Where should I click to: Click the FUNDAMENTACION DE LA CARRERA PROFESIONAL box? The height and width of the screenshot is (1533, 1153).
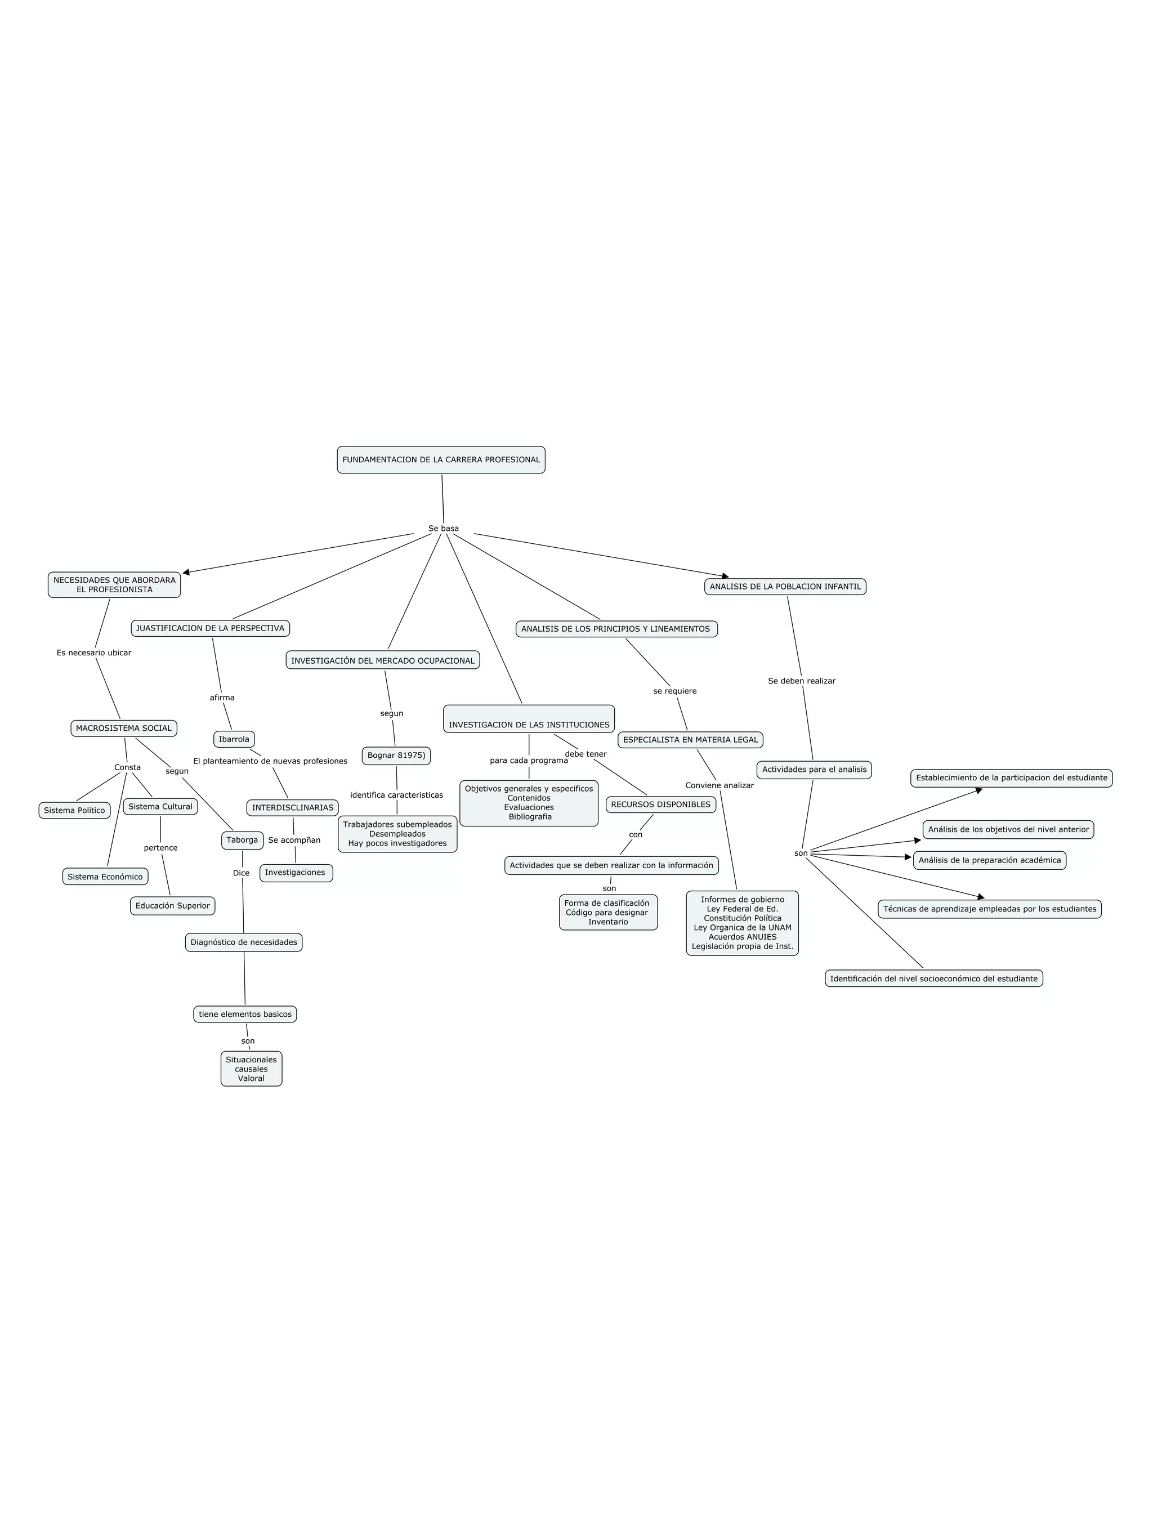click(x=441, y=459)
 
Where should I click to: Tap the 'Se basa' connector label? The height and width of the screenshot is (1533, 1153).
click(x=444, y=528)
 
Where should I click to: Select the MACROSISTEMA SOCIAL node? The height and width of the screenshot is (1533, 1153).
click(x=123, y=728)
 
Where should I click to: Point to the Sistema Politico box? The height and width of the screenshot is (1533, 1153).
click(x=74, y=810)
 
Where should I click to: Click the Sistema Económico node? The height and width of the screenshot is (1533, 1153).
click(x=105, y=877)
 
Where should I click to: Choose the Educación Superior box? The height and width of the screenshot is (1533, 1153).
click(x=172, y=906)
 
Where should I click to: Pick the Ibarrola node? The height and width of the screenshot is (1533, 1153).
click(x=234, y=739)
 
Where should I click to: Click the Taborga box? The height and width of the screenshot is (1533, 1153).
click(x=242, y=840)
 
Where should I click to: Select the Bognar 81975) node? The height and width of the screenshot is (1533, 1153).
click(x=396, y=756)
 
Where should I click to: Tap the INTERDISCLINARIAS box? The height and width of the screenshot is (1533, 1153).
click(x=292, y=807)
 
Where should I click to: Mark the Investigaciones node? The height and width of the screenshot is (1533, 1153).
click(x=295, y=873)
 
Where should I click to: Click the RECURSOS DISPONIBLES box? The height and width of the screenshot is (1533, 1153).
click(x=660, y=805)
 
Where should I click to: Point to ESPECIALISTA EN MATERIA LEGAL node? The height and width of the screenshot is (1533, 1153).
click(x=690, y=739)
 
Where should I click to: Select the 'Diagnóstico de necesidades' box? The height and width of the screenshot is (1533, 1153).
click(x=244, y=942)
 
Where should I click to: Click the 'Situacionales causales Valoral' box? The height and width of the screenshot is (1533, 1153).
click(x=251, y=1069)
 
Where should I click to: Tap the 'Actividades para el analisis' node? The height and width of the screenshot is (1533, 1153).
click(x=814, y=769)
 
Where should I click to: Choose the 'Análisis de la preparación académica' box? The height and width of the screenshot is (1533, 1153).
click(x=990, y=860)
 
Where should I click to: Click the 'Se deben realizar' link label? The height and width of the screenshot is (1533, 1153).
click(x=802, y=681)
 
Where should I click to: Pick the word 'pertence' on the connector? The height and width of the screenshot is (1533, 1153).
click(x=161, y=848)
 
